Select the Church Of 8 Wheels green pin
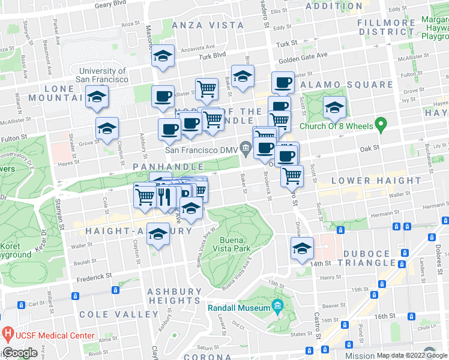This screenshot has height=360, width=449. (379, 125)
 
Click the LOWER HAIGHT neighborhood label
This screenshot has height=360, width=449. (367, 181)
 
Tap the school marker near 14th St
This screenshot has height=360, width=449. (302, 248)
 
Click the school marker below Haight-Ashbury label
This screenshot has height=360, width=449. (158, 234)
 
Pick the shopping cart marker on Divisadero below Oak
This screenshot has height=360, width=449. (292, 175)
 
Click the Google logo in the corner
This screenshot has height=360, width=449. (20, 353)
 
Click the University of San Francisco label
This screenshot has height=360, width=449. (102, 75)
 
